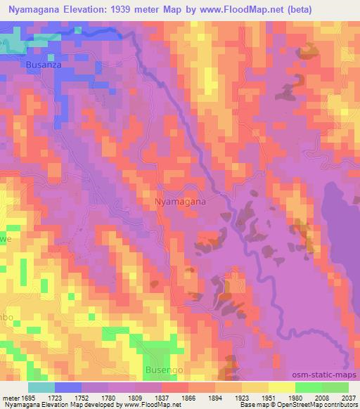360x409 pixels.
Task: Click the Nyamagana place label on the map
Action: coord(180,201)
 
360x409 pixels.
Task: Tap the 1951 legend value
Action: coord(259,399)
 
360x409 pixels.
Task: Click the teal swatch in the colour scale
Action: coord(41,387)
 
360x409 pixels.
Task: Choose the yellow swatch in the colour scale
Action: coord(282,387)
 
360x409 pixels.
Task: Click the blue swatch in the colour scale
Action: coord(68,387)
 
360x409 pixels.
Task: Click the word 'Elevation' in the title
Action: coord(91,9)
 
